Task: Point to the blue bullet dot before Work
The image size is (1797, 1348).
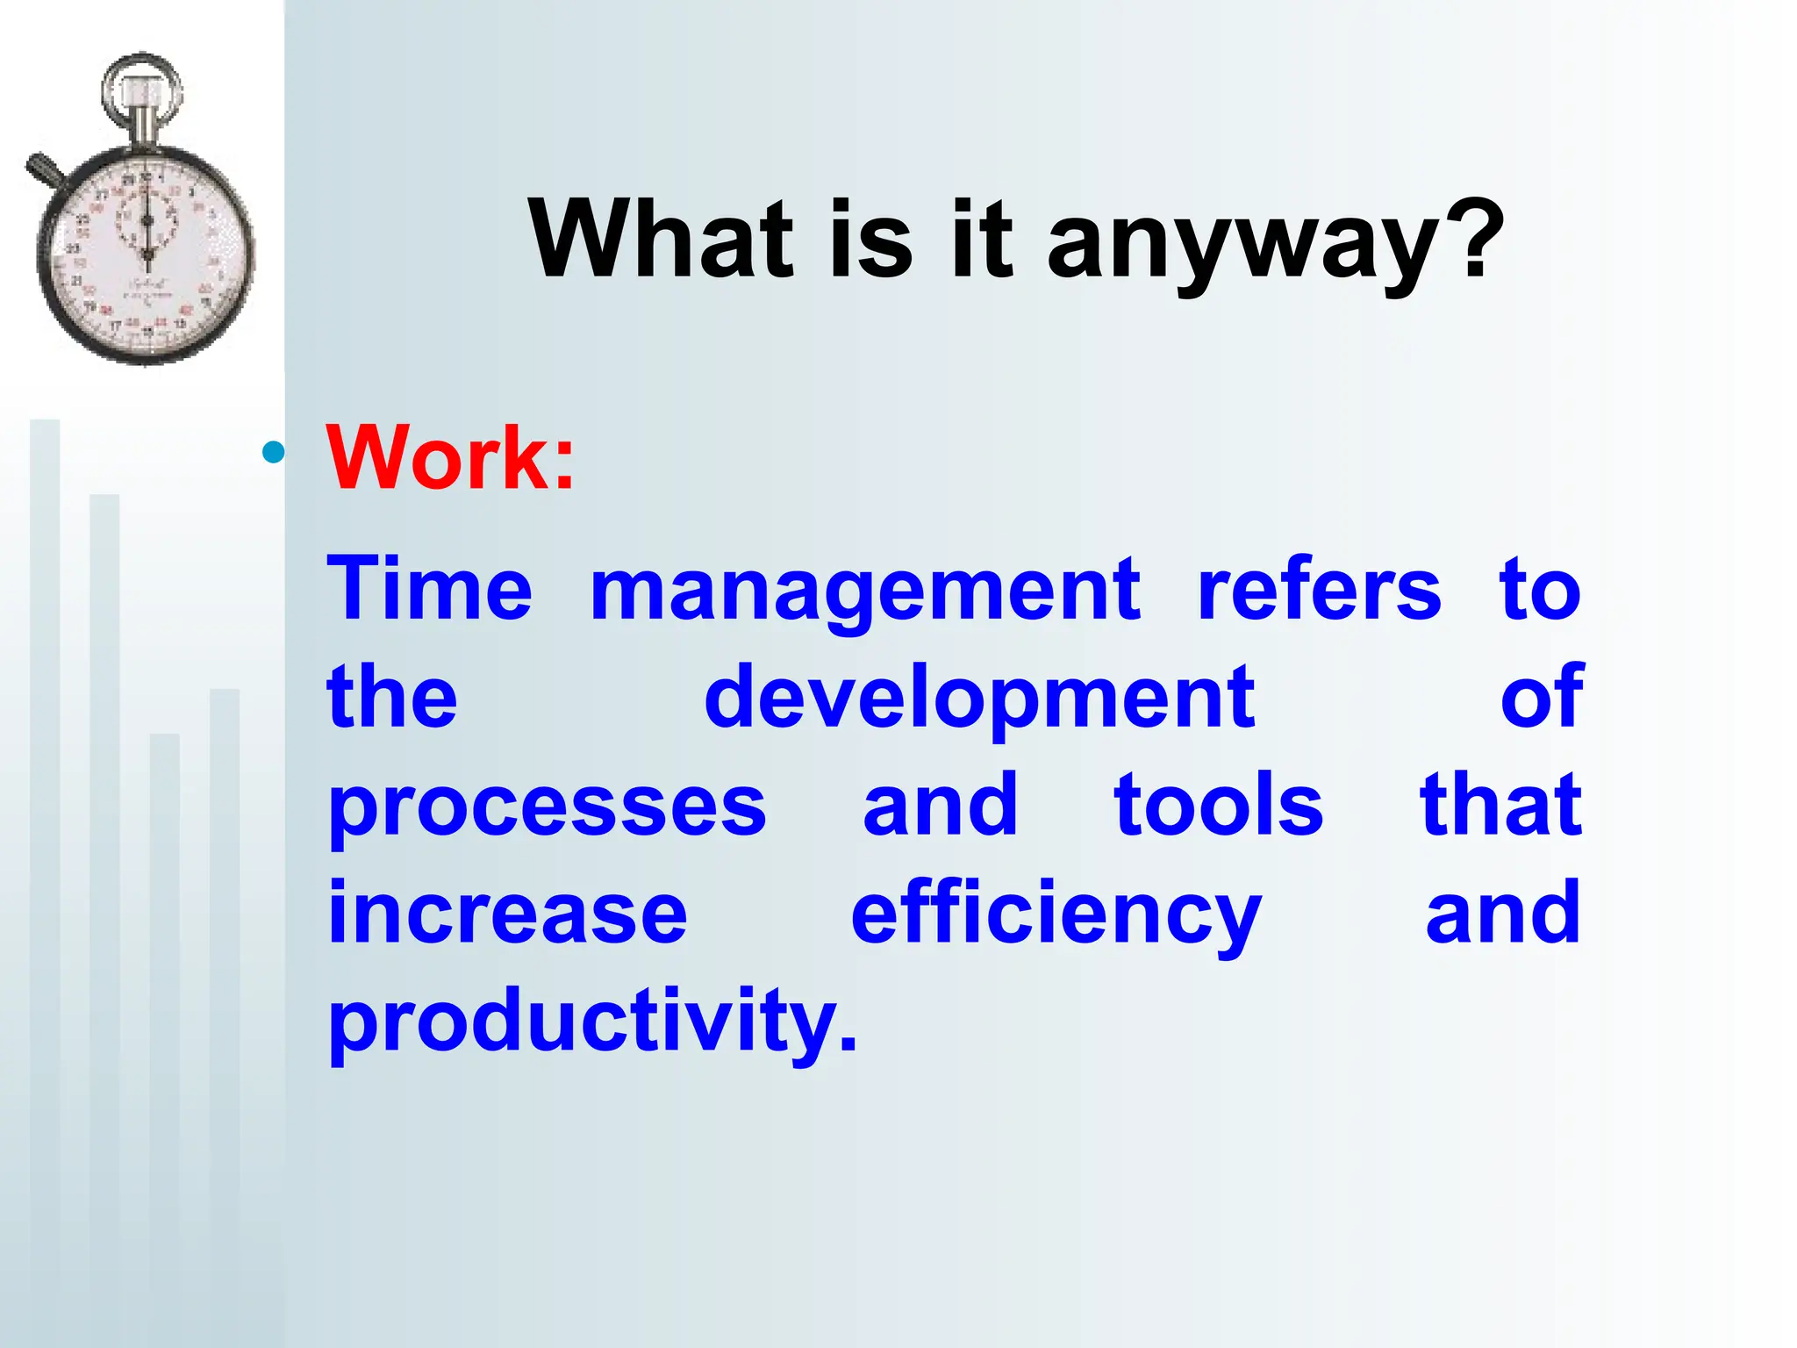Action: pos(274,453)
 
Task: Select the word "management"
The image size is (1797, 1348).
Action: pos(865,593)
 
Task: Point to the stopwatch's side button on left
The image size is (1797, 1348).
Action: pos(42,168)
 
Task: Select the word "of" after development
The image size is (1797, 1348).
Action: pos(1542,697)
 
